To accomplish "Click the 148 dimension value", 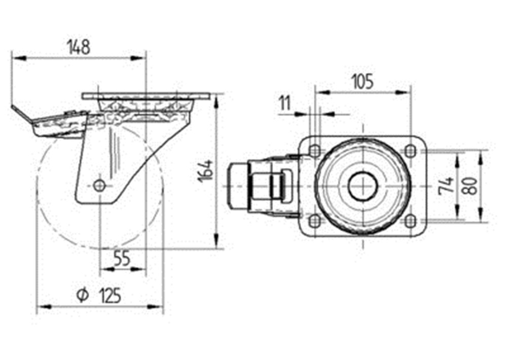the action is tap(79, 47).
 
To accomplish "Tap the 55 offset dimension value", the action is tap(122, 258).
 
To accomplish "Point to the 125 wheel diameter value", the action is tap(110, 295).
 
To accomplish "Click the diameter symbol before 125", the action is tap(83, 295).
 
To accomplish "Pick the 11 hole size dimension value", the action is tap(285, 103).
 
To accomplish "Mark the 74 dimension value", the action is tap(447, 186).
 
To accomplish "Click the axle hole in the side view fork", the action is tap(98, 186).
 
